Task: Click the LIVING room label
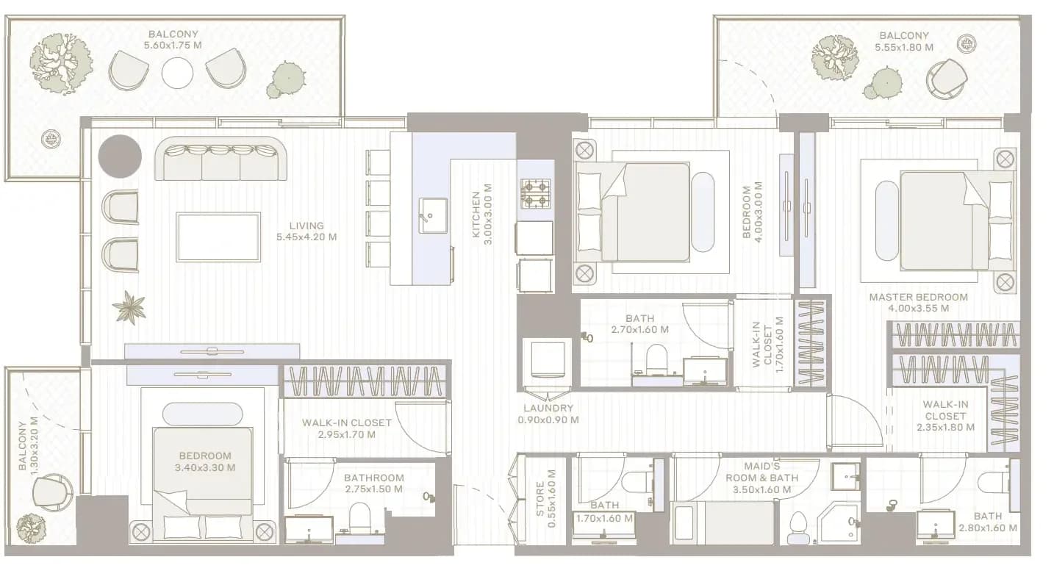(306, 226)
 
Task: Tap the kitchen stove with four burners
(536, 194)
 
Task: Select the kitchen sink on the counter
(433, 215)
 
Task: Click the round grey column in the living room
(120, 157)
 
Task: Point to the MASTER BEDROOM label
(918, 298)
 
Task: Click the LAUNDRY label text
(548, 408)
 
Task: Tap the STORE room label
(539, 498)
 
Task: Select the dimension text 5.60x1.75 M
(173, 46)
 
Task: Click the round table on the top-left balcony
(177, 73)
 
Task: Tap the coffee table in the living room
(218, 237)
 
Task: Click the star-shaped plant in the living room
(129, 307)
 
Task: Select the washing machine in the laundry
(548, 360)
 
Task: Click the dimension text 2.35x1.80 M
(945, 428)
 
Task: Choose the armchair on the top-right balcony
(946, 79)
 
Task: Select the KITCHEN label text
(476, 214)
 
